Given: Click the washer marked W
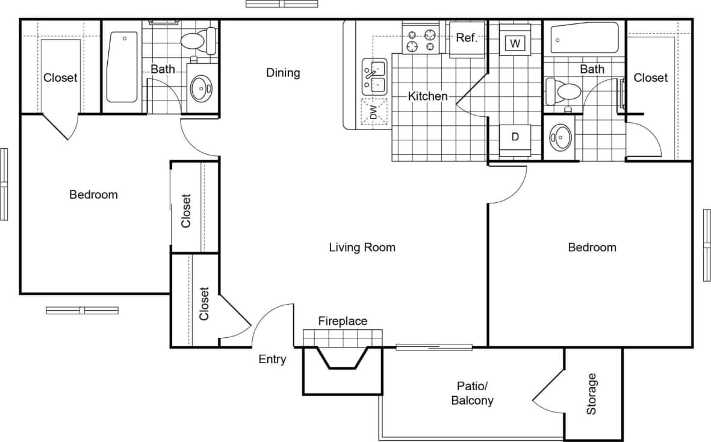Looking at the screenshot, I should (515, 43).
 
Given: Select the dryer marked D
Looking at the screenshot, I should (515, 137).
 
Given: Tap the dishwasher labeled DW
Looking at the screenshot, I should (373, 112).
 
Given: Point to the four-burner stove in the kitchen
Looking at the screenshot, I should (421, 40).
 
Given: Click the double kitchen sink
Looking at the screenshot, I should (374, 76).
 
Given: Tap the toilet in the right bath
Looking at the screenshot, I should (562, 92).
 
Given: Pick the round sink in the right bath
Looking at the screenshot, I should (560, 137).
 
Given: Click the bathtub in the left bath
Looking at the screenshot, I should (123, 66).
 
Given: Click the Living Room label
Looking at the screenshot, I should (362, 247).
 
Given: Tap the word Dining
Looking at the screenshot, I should (283, 73).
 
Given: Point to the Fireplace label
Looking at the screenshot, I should (342, 321).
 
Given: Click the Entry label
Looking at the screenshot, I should (272, 360).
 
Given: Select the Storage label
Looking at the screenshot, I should (592, 394).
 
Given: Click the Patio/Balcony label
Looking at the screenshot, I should (473, 393).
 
